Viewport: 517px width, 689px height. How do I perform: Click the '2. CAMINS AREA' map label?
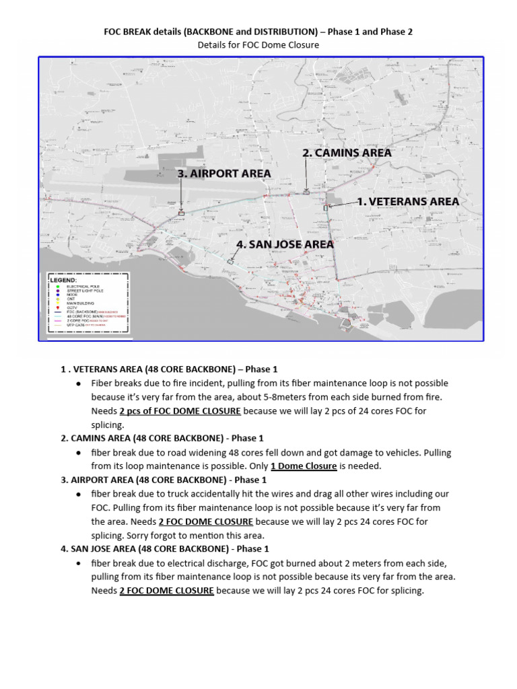point(347,153)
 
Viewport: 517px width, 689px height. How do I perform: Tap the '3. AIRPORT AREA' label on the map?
point(224,174)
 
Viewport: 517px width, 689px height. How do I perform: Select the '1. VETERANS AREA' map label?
point(408,201)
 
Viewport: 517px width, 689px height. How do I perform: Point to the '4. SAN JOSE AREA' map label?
point(285,244)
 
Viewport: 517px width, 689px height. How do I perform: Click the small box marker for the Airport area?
point(181,213)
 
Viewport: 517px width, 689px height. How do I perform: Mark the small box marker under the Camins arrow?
point(306,192)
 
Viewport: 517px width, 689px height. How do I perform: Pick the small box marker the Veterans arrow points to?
point(326,208)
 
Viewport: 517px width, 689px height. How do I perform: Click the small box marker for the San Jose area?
point(230,260)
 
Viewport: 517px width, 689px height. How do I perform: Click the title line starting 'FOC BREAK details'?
point(258,32)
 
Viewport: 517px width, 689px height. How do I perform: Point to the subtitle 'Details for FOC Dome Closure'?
point(258,45)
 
